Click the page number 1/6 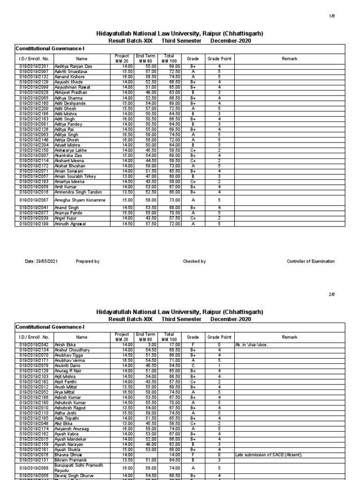click(346, 16)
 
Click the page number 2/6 click(346, 294)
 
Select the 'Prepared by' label click(88, 262)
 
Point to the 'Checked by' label click(195, 262)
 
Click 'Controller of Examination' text click(311, 262)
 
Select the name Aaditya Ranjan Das click(74, 67)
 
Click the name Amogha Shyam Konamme click(80, 200)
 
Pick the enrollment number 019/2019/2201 click(34, 67)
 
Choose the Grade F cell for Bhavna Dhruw click(193, 455)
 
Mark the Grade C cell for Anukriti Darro click(193, 365)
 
